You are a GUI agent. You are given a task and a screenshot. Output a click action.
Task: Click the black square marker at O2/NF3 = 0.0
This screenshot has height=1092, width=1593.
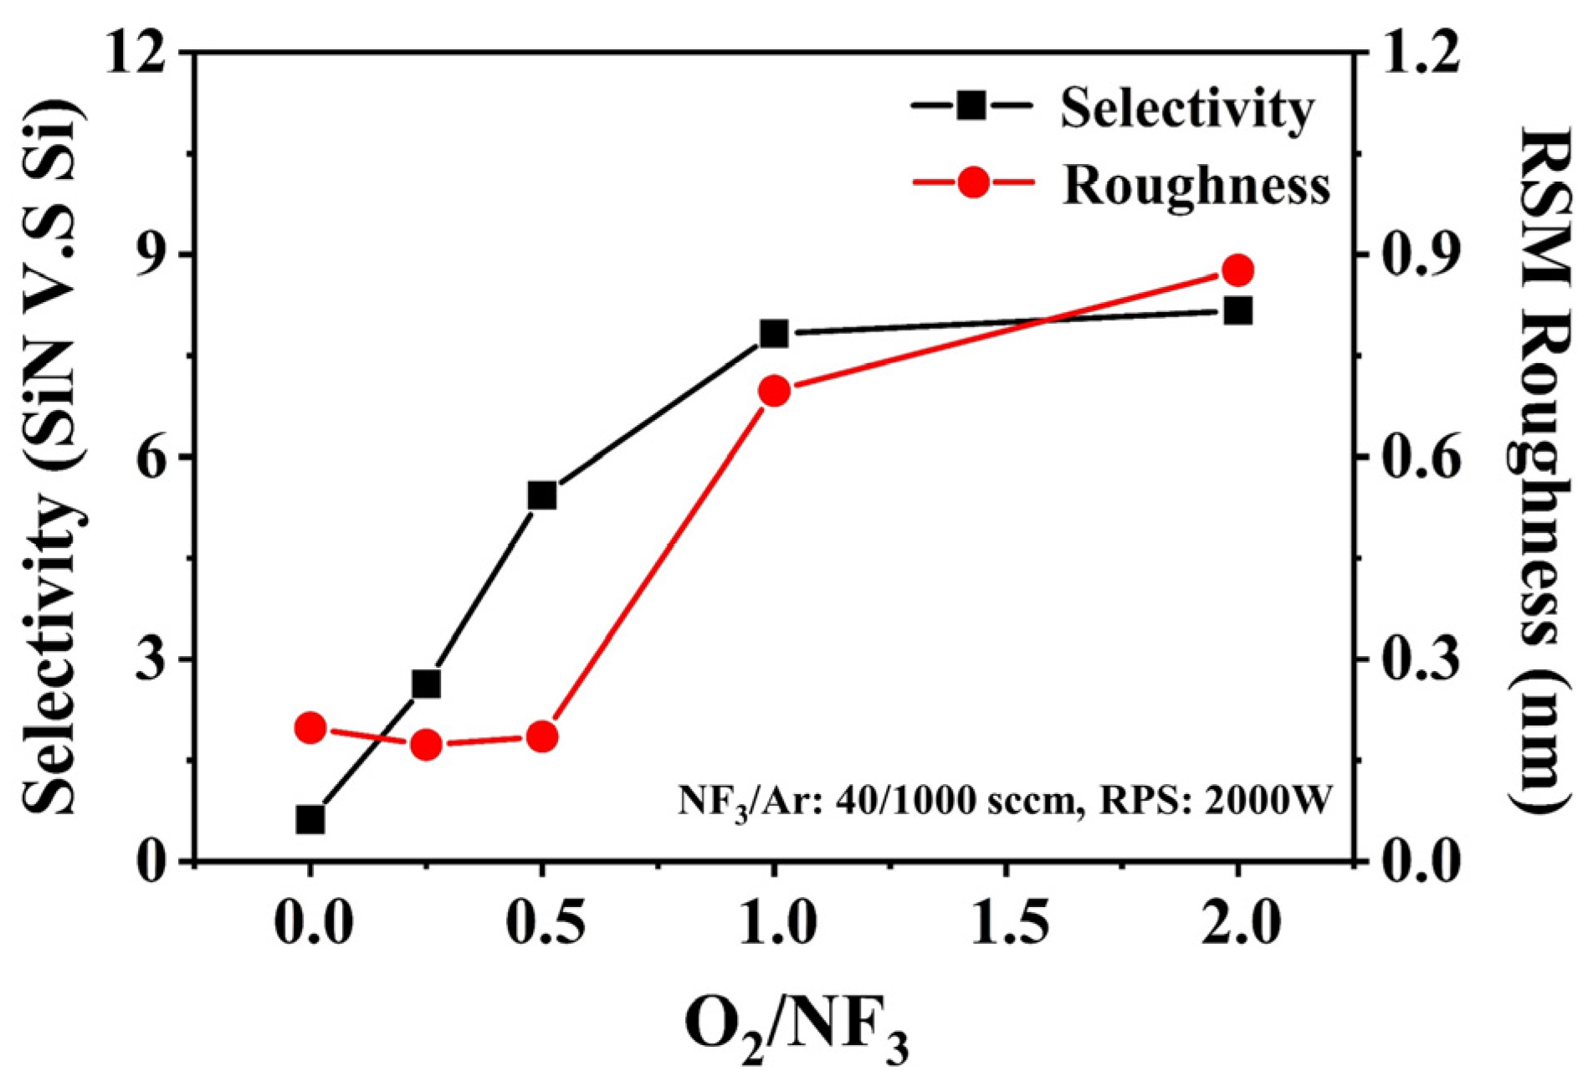click(310, 820)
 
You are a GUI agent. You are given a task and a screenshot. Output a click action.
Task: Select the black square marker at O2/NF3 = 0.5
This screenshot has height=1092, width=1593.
click(542, 495)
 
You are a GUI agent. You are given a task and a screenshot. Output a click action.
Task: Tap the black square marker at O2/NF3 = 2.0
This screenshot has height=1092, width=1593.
click(1237, 311)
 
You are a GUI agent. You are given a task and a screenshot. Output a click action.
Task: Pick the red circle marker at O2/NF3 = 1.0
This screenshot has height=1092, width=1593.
click(774, 391)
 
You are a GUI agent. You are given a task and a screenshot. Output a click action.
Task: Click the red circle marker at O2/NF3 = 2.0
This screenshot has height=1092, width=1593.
click(1237, 271)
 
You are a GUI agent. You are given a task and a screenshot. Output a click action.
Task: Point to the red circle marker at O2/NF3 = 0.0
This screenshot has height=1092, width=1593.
click(310, 728)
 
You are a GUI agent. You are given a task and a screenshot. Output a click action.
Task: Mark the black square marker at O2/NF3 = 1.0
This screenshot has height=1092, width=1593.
click(774, 334)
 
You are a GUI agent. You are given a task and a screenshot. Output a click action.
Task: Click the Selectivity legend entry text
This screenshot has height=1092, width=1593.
click(1186, 109)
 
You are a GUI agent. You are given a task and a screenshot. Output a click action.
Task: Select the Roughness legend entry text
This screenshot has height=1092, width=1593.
click(1196, 184)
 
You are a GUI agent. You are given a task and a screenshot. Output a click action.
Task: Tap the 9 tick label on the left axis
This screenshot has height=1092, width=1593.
click(154, 255)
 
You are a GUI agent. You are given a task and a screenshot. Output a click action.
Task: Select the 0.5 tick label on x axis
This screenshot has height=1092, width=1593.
click(545, 924)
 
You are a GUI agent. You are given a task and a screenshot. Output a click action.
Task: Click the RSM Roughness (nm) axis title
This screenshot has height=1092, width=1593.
click(1538, 469)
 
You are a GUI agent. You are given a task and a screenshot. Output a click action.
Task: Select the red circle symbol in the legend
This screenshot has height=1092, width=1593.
click(973, 182)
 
